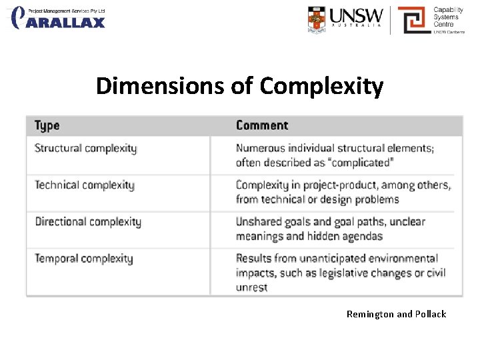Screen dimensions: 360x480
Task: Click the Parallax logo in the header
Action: pos(59,17)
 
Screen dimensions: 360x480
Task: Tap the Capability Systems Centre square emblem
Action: pos(413,20)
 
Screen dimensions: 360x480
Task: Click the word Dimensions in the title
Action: pos(174,86)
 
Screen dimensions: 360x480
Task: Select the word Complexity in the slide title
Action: pos(322,86)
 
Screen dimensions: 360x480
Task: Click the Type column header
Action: pos(47,125)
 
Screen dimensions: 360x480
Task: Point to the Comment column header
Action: pos(262,125)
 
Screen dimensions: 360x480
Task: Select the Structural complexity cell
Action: pos(85,148)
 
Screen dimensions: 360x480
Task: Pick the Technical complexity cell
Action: pos(85,185)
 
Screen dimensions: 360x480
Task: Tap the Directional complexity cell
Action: pos(88,221)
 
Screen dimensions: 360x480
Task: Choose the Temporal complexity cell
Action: pos(84,258)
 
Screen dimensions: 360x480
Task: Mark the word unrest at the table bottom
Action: pos(251,287)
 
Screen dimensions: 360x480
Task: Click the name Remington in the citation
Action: pos(370,314)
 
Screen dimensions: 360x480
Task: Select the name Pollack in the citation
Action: pos(431,314)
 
